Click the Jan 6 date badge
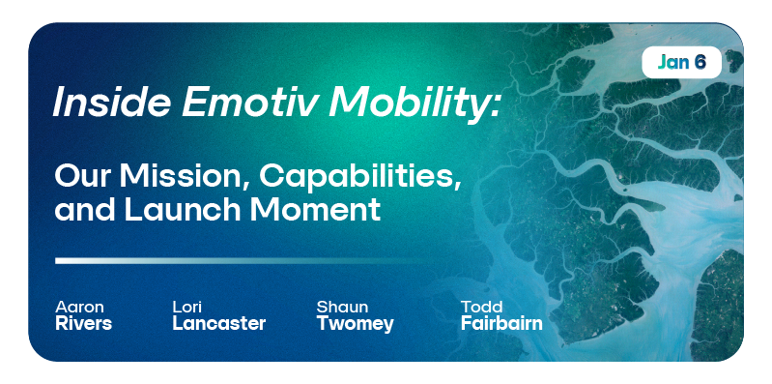coord(681,63)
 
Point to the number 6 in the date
coord(701,63)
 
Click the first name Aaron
coord(80,307)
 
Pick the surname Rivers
coord(84,324)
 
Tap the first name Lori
coord(187,307)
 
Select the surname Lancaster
coord(218,324)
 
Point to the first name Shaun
coord(342,307)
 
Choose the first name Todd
coord(482,307)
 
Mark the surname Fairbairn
coord(501,324)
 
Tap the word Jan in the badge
coord(672,63)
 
